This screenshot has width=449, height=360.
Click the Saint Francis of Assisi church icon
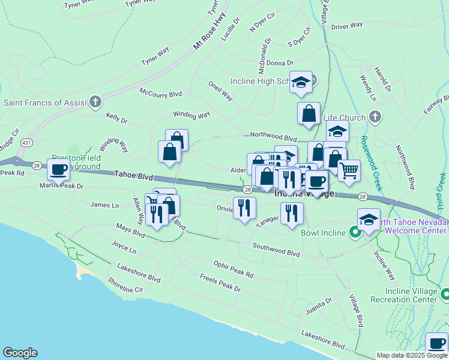click(x=95, y=102)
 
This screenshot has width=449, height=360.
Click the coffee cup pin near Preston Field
click(x=58, y=170)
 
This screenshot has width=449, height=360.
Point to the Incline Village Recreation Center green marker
click(x=445, y=294)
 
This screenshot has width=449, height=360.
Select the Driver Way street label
click(x=347, y=26)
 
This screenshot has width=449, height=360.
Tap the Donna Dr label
click(x=280, y=62)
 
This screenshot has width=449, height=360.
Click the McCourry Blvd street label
click(x=160, y=94)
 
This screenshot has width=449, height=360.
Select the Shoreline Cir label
click(x=125, y=289)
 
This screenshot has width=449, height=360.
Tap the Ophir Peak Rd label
click(x=234, y=269)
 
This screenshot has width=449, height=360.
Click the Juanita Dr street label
click(x=319, y=307)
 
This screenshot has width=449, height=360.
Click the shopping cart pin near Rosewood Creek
click(x=349, y=170)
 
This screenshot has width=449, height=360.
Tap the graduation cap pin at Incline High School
click(x=300, y=82)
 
